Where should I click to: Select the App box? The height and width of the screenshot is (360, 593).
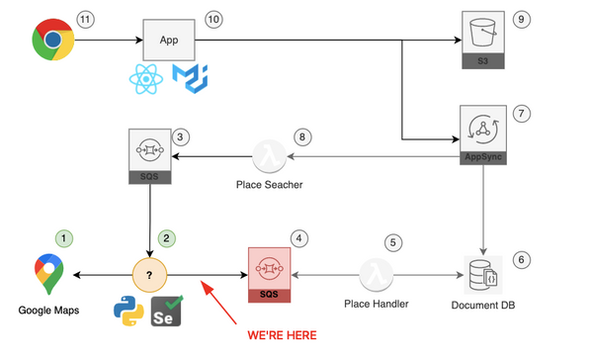click(x=170, y=41)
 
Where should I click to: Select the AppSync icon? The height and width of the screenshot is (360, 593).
click(x=482, y=134)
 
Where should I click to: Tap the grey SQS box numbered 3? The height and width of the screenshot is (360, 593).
click(x=149, y=156)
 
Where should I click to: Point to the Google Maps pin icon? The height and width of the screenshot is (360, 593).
click(x=46, y=274)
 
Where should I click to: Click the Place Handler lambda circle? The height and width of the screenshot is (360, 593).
click(x=376, y=274)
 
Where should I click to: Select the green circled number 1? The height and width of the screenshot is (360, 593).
click(x=65, y=237)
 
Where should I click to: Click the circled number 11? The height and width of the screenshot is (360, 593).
click(x=86, y=19)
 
